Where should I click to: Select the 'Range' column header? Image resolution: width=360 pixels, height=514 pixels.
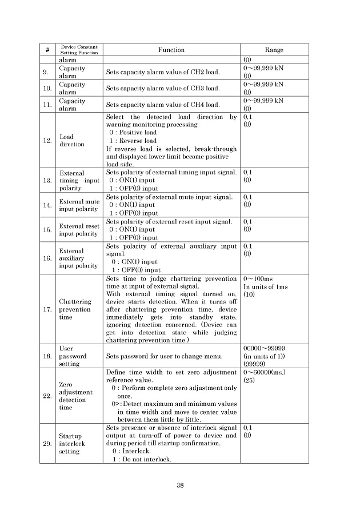coord(274,50)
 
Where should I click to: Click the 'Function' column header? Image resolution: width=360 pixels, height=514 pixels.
coord(171,50)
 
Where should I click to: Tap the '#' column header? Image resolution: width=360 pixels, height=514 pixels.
coord(47,50)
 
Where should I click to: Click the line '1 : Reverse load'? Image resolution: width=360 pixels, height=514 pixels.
coord(133,141)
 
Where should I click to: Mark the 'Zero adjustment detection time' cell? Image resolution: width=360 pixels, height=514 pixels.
coord(73,396)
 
